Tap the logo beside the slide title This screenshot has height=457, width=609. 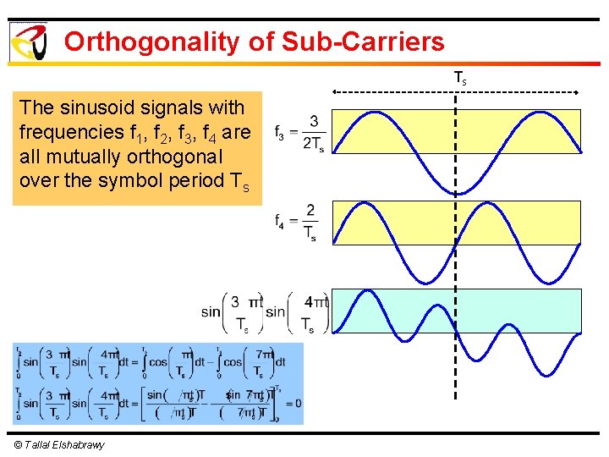pyautogui.click(x=27, y=41)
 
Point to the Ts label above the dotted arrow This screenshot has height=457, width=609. pyautogui.click(x=459, y=78)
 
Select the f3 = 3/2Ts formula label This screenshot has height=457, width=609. pyautogui.click(x=298, y=131)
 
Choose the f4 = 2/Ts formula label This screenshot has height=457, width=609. pyautogui.click(x=296, y=222)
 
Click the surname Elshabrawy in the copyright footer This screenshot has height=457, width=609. pyautogui.click(x=77, y=445)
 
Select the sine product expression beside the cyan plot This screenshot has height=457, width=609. pyautogui.click(x=264, y=312)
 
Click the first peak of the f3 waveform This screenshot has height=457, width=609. pyautogui.click(x=375, y=112)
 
